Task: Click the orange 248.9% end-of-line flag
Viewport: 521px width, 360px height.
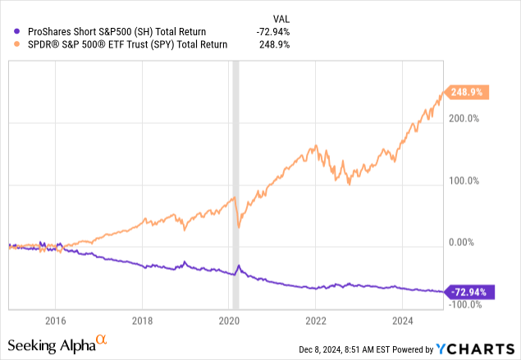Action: (465, 93)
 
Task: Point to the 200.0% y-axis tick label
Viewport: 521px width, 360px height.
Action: (464, 119)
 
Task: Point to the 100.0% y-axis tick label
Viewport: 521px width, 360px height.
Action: (464, 180)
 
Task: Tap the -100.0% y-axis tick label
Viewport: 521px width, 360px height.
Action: (464, 304)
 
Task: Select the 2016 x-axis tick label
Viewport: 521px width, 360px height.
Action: (55, 320)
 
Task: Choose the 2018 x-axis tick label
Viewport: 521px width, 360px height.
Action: (143, 320)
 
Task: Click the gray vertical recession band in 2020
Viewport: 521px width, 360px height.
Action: (236, 164)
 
